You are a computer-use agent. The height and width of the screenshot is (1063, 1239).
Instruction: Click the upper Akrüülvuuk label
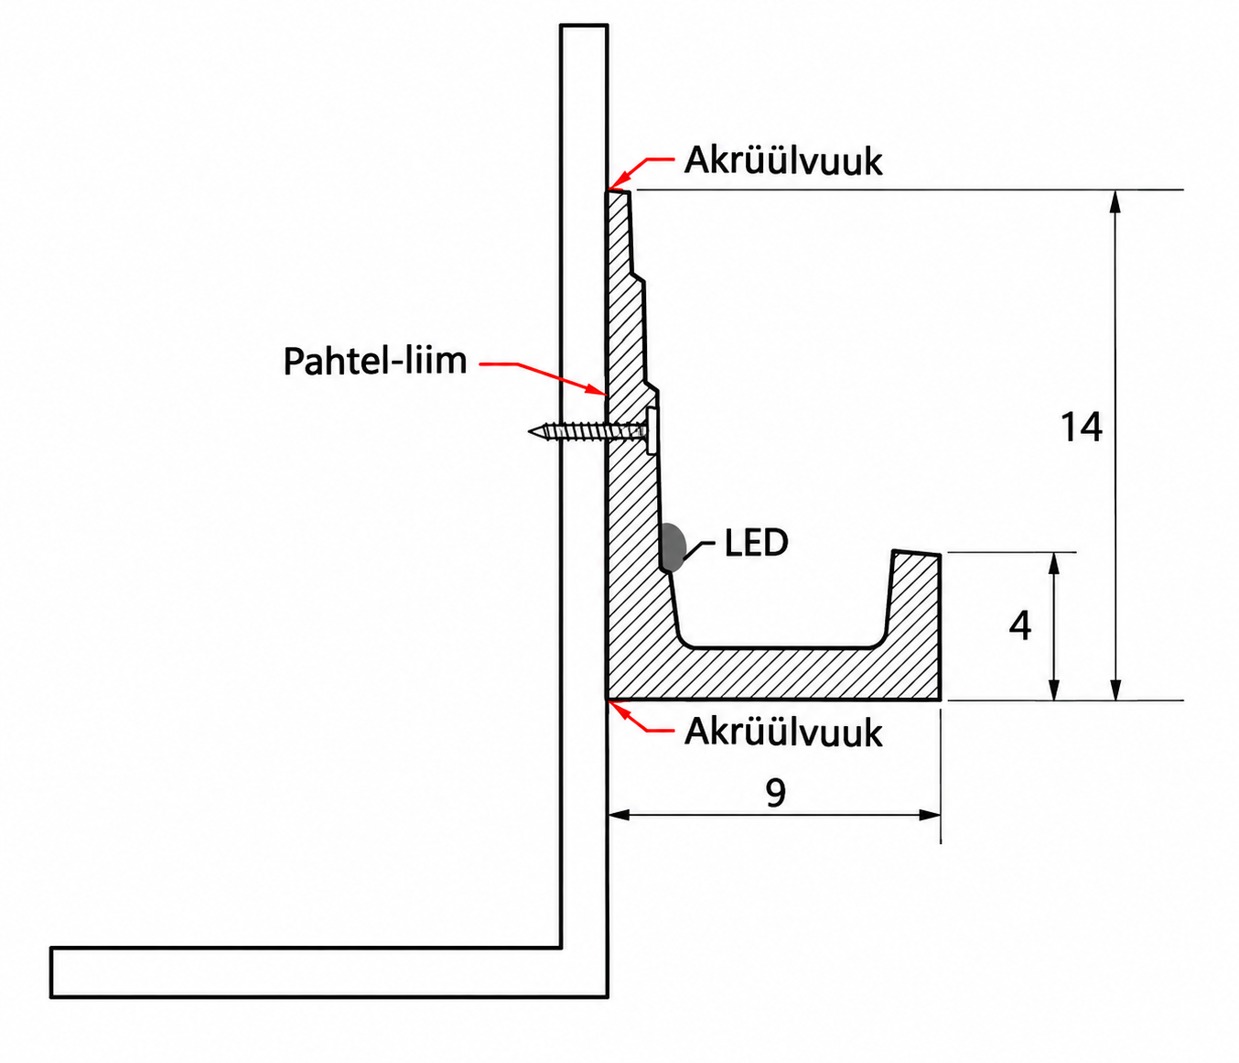[783, 161]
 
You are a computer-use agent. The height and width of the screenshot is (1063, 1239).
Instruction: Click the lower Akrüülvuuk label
[783, 732]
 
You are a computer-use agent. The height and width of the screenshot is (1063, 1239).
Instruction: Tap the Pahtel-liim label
[375, 361]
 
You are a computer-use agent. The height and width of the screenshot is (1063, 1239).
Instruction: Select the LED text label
[756, 543]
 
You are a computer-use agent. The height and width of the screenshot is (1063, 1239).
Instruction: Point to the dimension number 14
[1081, 428]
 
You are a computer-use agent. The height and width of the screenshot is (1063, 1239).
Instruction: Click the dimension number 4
[1019, 625]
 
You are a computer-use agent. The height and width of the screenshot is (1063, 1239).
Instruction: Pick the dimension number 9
[776, 793]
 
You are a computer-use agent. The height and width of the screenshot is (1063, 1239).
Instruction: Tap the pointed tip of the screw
[530, 431]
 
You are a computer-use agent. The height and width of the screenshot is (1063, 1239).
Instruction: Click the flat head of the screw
[652, 430]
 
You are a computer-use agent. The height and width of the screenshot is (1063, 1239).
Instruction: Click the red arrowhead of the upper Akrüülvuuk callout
[617, 181]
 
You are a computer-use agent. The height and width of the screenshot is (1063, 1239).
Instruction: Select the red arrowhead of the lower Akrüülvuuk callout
[618, 710]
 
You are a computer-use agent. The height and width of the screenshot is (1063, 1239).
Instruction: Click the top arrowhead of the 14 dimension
[1115, 201]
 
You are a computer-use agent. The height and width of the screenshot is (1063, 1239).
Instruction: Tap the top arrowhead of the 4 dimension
[1055, 564]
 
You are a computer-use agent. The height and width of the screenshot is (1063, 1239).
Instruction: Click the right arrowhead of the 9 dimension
[929, 815]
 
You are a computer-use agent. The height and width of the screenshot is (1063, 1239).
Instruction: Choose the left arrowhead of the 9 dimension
[619, 815]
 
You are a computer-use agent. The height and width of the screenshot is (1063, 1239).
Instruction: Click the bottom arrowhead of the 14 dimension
[1115, 689]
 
